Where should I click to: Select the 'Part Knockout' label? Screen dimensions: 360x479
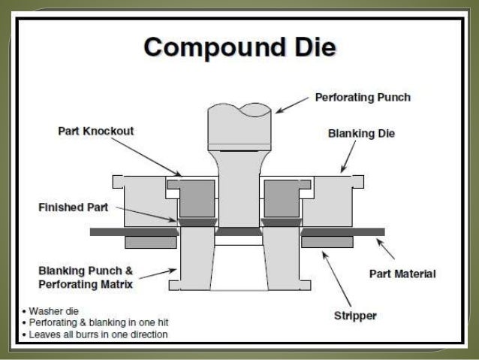[x=95, y=132]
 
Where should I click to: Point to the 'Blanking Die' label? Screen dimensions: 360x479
[x=361, y=135]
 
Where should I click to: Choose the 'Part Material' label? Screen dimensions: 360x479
[x=402, y=274]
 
